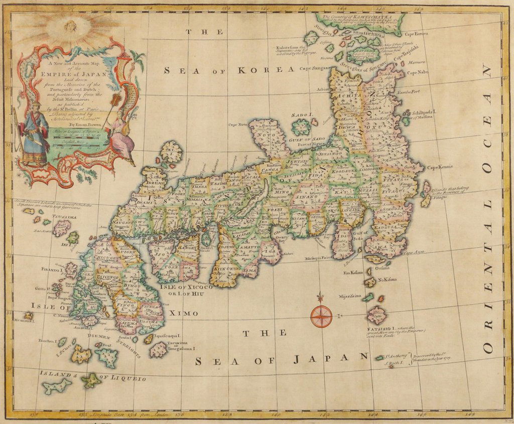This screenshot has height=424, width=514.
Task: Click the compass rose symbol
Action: (321, 316)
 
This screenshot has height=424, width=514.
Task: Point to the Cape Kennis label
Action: (440, 167)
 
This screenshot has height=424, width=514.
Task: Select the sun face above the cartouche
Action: (70, 26)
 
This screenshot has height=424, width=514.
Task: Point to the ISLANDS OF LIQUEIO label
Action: (93, 375)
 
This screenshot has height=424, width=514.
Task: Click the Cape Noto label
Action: (238, 124)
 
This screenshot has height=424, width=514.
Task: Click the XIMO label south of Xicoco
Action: (184, 313)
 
